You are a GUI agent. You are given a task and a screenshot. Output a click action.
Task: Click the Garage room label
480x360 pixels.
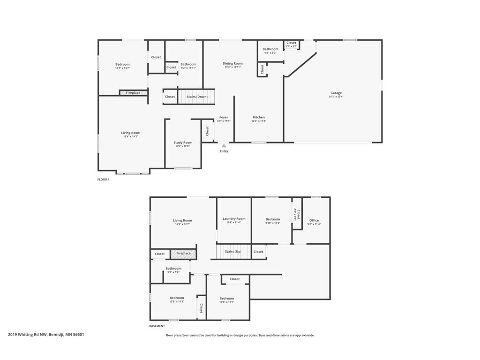(x=336, y=93)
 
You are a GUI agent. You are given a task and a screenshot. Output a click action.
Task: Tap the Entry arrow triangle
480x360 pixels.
(x=224, y=146)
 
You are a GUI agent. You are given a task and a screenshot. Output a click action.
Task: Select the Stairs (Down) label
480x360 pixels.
(x=197, y=97)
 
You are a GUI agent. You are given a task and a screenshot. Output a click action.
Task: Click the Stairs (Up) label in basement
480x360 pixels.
(x=233, y=252)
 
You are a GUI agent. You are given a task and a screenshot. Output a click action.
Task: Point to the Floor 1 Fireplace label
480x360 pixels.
(x=133, y=93)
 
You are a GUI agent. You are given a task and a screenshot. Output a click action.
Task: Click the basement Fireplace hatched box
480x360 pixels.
(x=183, y=254)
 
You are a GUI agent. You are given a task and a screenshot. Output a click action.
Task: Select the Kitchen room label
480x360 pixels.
(x=259, y=117)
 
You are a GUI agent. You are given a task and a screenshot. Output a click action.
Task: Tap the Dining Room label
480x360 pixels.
(x=232, y=63)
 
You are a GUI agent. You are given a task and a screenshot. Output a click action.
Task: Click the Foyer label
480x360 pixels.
(x=224, y=117)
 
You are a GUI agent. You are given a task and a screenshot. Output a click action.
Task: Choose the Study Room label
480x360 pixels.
(x=183, y=142)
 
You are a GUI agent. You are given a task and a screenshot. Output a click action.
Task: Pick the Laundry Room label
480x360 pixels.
(x=234, y=218)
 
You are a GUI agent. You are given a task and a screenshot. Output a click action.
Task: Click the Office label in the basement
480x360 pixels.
(x=314, y=220)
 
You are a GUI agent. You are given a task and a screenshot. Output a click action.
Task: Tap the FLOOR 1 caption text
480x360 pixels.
(x=103, y=180)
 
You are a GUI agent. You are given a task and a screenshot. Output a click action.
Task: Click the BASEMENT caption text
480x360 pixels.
(x=157, y=326)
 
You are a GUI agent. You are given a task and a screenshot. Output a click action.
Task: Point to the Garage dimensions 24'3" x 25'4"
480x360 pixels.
(x=336, y=97)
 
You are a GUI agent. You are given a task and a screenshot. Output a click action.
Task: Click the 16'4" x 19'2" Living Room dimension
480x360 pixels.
(x=130, y=136)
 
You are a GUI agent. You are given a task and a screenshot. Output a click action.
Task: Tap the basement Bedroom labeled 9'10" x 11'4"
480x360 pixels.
(x=273, y=219)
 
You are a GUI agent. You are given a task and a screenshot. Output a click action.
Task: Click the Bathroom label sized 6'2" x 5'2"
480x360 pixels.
(x=270, y=49)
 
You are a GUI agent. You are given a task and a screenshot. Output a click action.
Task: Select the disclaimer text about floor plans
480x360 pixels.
(x=240, y=335)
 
